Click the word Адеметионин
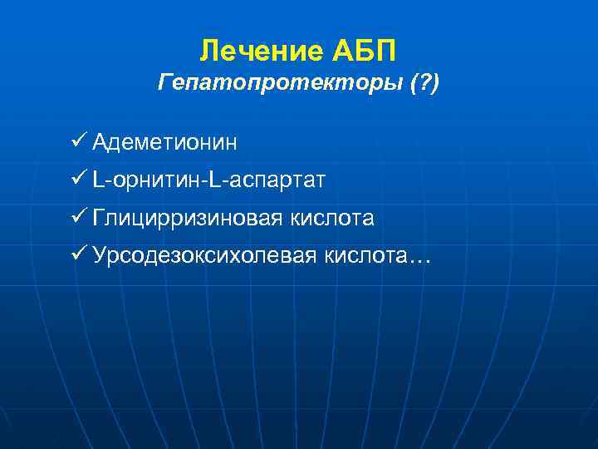tap(164, 143)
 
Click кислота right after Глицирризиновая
tap(332, 219)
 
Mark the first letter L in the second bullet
tap(99, 180)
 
